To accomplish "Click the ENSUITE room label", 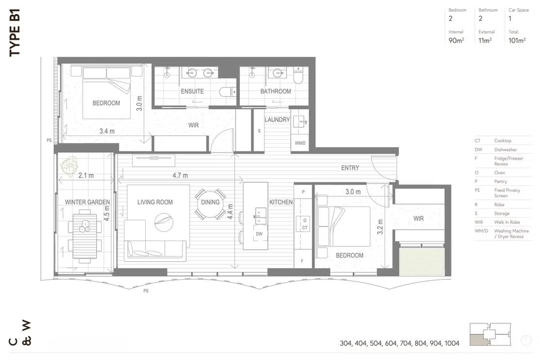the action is pos(192,91).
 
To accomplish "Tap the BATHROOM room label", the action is pos(276,91).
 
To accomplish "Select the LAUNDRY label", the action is pos(277,120).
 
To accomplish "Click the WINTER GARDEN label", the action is pos(87,202).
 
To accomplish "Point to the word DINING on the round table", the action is pos(210,202).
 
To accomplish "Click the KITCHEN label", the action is pos(281,202).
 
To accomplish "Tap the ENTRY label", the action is pos(350,168).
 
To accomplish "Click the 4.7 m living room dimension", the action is pos(180,175).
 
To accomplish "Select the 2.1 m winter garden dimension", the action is pos(86,175).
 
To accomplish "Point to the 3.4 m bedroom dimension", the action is pos(107,131).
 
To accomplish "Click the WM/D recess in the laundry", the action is pos(300,143).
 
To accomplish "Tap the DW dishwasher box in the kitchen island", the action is pos(260,234).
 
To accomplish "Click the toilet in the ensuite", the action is pos(227,92).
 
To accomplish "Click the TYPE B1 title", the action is pos(15,33).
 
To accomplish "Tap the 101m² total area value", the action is pos(517,40).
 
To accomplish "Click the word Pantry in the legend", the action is pos(501,181).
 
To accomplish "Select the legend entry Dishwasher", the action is pos(505,150).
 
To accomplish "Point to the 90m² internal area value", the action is pos(456,40).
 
